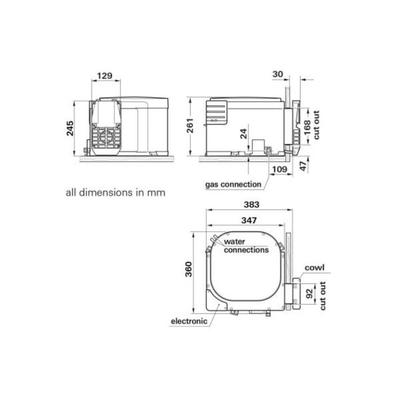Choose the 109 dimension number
coord(279,169)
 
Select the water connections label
coord(247,246)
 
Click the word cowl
coord(315,268)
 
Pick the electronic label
coord(189,321)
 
